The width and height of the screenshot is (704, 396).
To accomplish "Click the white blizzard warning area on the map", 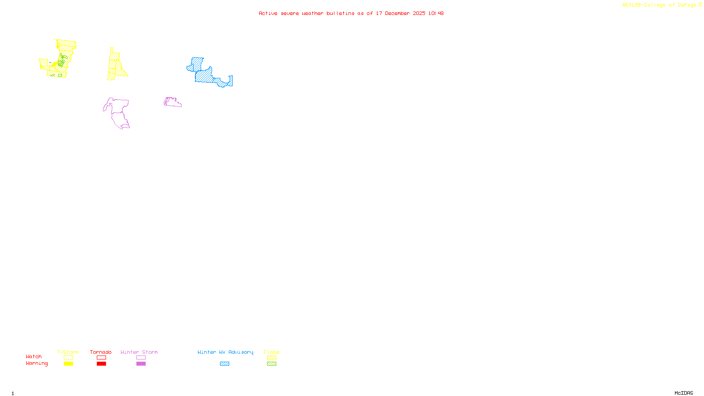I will point(218,62).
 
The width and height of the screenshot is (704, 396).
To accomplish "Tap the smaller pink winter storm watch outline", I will point(172,102).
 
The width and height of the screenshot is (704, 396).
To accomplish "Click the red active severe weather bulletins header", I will point(351,13).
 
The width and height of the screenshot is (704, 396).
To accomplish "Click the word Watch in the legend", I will point(34,356).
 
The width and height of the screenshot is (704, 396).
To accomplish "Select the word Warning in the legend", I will point(37,363).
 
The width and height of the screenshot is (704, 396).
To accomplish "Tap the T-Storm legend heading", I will point(68,352).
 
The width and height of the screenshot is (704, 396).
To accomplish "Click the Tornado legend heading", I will point(101,352).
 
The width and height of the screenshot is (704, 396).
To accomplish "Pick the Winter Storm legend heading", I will point(139,352).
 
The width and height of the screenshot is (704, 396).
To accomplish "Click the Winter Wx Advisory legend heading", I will point(225,352).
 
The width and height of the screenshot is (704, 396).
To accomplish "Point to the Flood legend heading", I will point(271,352).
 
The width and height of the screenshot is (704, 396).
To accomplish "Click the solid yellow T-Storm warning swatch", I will point(68,364).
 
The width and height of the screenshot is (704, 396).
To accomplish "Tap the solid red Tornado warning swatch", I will point(101,364).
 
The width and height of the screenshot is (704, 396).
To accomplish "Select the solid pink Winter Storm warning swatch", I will point(141,364).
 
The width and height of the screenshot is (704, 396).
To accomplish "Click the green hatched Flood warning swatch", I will point(271,364).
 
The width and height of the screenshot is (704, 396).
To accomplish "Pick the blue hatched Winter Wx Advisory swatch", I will point(224,364).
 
